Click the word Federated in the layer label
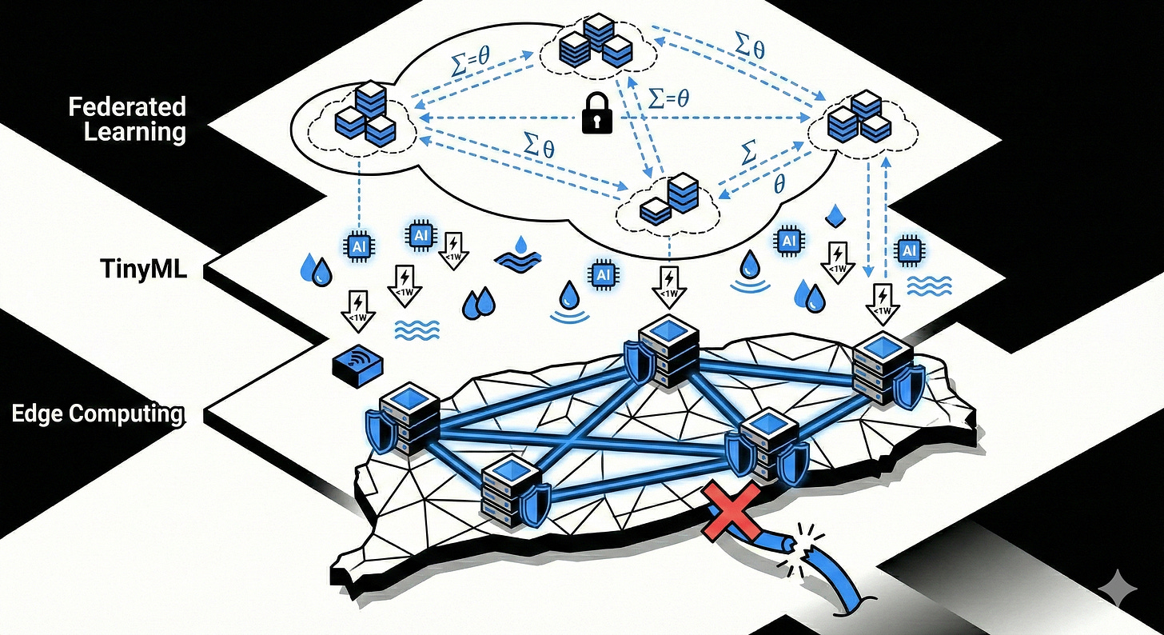[128, 106]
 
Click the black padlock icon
[596, 114]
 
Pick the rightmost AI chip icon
[908, 251]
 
